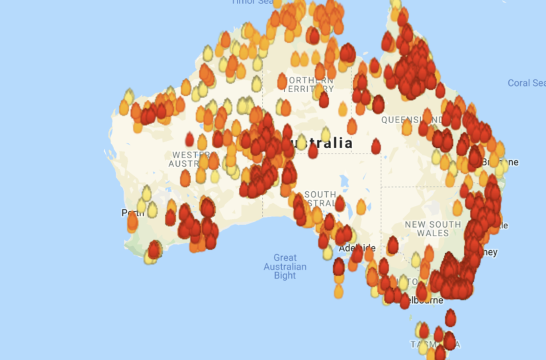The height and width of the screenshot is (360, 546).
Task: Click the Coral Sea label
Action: pos(527,83)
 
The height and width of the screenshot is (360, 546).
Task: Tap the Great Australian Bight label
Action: pos(285,266)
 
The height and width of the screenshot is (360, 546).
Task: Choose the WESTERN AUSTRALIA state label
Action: pos(188,159)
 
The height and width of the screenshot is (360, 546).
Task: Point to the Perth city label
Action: pos(128,212)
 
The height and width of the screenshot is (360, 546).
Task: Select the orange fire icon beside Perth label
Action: pos(133,222)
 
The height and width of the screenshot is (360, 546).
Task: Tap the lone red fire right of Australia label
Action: pos(376,146)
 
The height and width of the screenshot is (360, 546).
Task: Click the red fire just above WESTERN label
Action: pos(189,140)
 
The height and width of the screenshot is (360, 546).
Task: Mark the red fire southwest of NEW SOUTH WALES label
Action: pos(392,246)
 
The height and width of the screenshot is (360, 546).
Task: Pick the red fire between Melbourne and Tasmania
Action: pos(451,318)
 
